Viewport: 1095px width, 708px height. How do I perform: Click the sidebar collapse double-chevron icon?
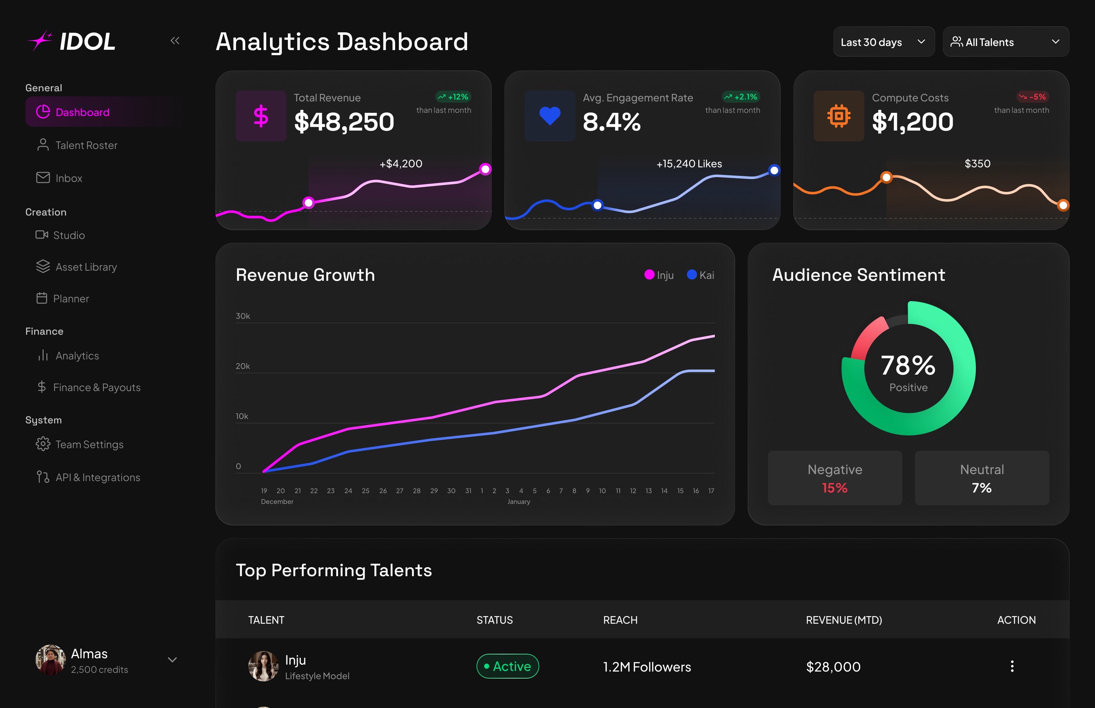[175, 41]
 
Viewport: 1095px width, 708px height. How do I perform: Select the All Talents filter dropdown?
[1005, 42]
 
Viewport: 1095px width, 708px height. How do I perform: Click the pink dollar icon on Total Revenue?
[261, 116]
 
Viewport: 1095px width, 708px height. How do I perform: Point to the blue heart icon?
[550, 116]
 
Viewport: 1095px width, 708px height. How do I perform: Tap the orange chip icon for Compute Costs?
[839, 116]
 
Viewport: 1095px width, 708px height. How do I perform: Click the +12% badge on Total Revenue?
[453, 97]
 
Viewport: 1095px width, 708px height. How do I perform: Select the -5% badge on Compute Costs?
[1033, 97]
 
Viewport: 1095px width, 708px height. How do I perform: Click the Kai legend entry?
[701, 275]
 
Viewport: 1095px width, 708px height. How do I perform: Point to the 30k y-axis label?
[243, 316]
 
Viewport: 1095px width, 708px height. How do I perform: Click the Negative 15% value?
[835, 488]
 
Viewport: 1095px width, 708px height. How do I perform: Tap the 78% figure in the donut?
[908, 365]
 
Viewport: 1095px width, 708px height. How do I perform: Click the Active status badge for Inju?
[508, 666]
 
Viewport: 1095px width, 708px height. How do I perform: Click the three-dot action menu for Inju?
[1012, 666]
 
